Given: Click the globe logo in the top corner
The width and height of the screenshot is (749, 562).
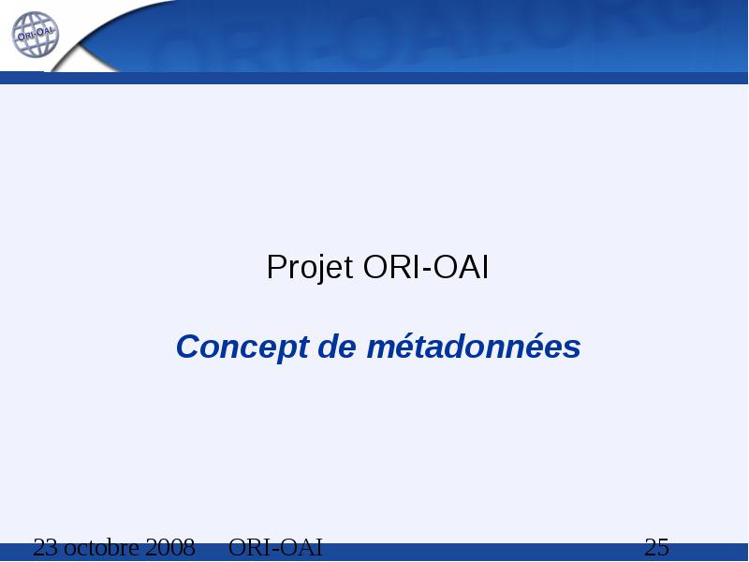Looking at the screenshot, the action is pos(35,35).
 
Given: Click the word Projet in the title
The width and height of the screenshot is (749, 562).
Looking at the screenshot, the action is pos(310,268).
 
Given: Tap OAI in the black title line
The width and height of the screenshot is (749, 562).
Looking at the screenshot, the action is pos(461,267).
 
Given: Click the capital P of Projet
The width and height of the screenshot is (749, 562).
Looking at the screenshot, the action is pos(276,267).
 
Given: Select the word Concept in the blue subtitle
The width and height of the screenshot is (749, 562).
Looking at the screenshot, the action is pos(242,348).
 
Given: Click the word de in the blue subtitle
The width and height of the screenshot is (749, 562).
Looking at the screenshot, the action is pos(337,347).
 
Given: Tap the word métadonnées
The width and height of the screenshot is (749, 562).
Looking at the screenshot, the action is pos(474,346).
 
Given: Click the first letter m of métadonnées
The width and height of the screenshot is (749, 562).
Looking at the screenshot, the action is pos(383,349).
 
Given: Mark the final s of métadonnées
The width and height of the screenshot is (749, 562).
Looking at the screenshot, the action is pos(571,349).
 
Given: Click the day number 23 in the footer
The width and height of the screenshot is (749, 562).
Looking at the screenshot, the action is pos(46,548).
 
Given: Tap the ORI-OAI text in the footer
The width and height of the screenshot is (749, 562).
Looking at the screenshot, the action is pos(275,548).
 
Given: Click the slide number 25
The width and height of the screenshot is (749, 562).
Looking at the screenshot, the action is pos(657,548).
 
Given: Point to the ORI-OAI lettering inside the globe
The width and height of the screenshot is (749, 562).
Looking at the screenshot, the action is pos(37,35).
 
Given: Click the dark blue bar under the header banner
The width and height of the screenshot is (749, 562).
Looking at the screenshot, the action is pos(374,78).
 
